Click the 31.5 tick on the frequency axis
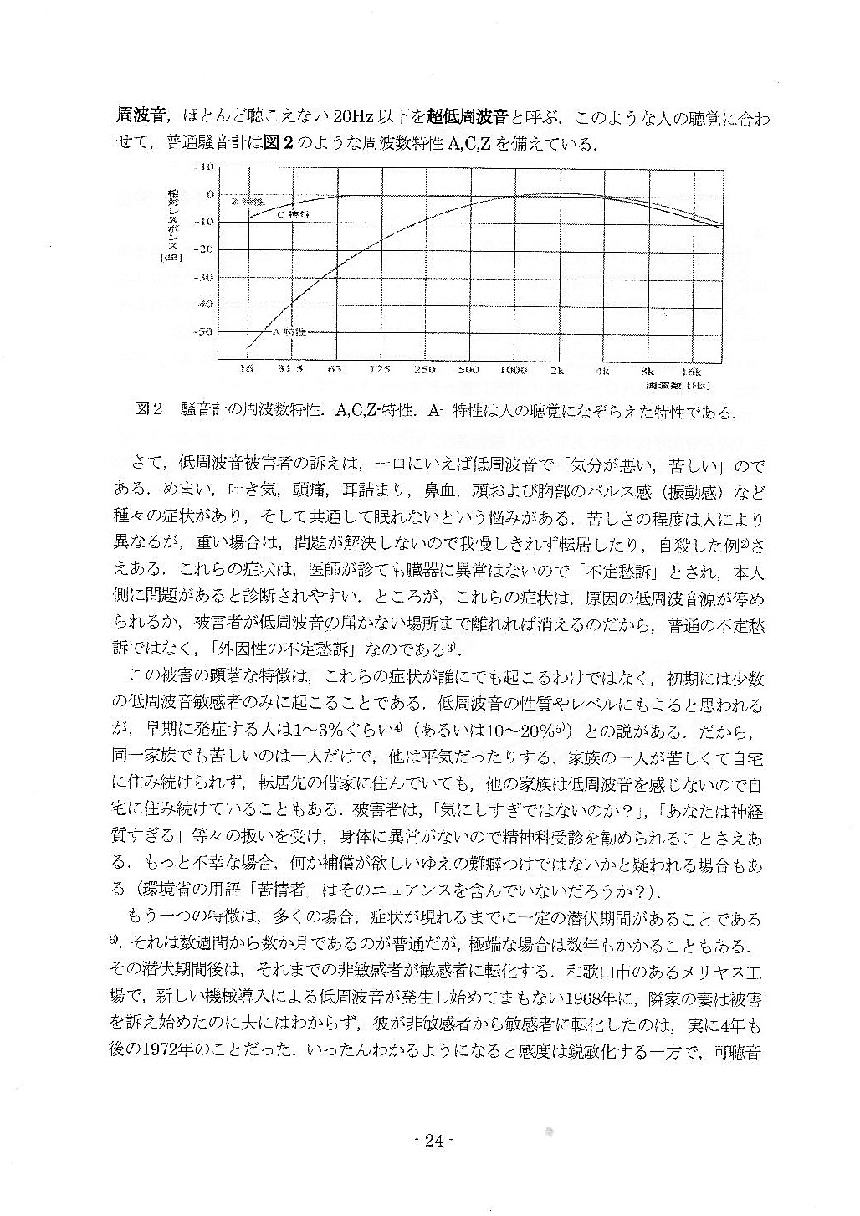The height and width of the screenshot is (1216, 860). pyautogui.click(x=290, y=369)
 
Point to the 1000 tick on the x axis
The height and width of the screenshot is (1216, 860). pyautogui.click(x=514, y=369)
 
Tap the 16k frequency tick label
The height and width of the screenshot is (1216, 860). pyautogui.click(x=691, y=369)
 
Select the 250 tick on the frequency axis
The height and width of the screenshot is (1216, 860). pyautogui.click(x=424, y=369)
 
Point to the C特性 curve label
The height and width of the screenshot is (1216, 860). pyautogui.click(x=294, y=215)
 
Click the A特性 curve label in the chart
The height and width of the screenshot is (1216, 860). pyautogui.click(x=289, y=331)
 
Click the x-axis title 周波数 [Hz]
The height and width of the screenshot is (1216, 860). pyautogui.click(x=678, y=386)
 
